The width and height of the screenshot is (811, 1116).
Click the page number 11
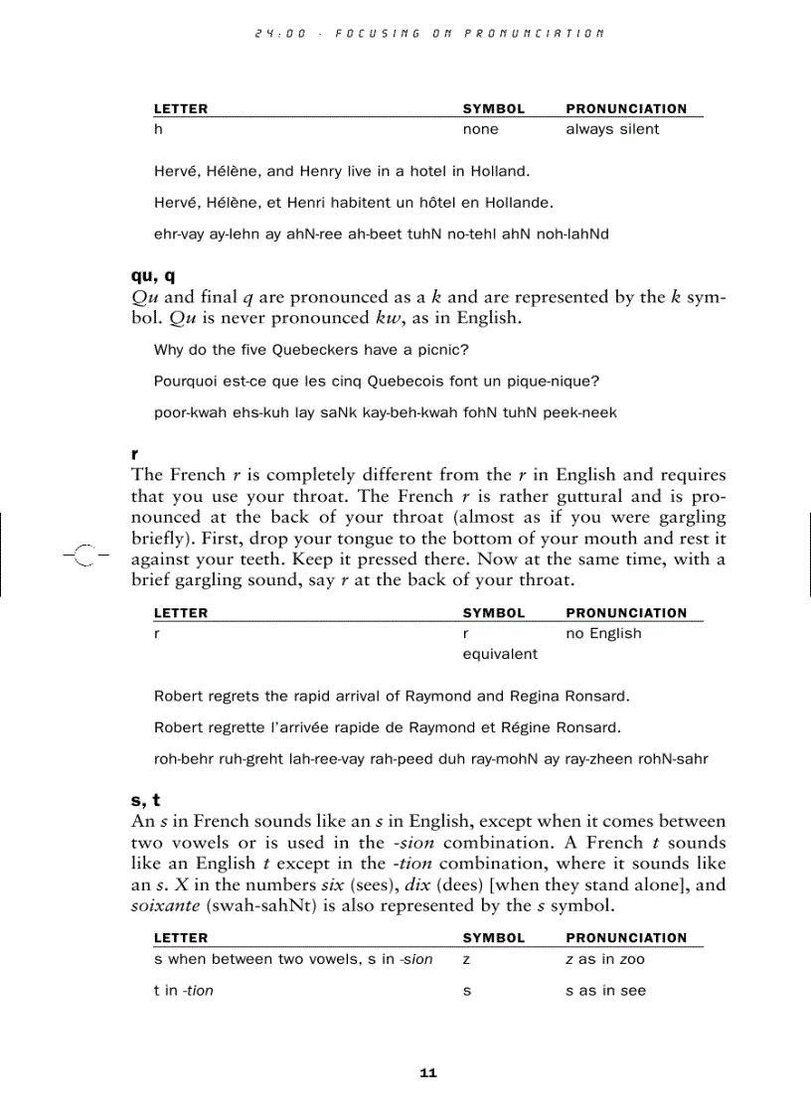tap(428, 1073)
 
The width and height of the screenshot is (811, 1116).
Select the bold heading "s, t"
tap(145, 801)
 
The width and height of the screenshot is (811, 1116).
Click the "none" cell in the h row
tap(481, 129)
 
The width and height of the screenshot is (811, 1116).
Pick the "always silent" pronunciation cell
tap(612, 129)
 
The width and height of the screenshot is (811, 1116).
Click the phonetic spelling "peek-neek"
tap(579, 413)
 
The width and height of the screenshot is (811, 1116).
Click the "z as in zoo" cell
tap(605, 960)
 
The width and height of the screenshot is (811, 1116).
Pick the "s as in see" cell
tap(605, 991)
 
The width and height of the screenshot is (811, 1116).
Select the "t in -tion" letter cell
tap(184, 991)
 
